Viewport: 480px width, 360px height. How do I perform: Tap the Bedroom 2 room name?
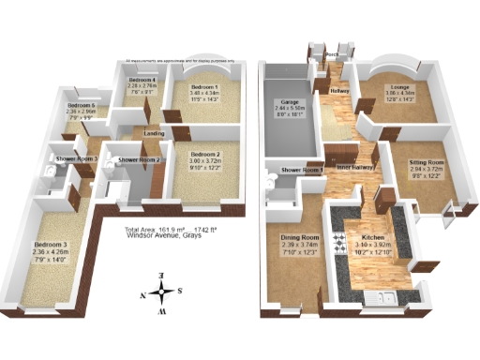pyautogui.click(x=204, y=154)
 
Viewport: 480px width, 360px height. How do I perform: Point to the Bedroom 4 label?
pyautogui.click(x=142, y=81)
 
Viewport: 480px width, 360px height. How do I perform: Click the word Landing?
pyautogui.click(x=154, y=133)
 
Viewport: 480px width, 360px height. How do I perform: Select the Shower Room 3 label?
pyautogui.click(x=77, y=159)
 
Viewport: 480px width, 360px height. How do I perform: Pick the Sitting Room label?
pyautogui.click(x=426, y=162)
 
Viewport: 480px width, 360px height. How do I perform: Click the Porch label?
pyautogui.click(x=331, y=55)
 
